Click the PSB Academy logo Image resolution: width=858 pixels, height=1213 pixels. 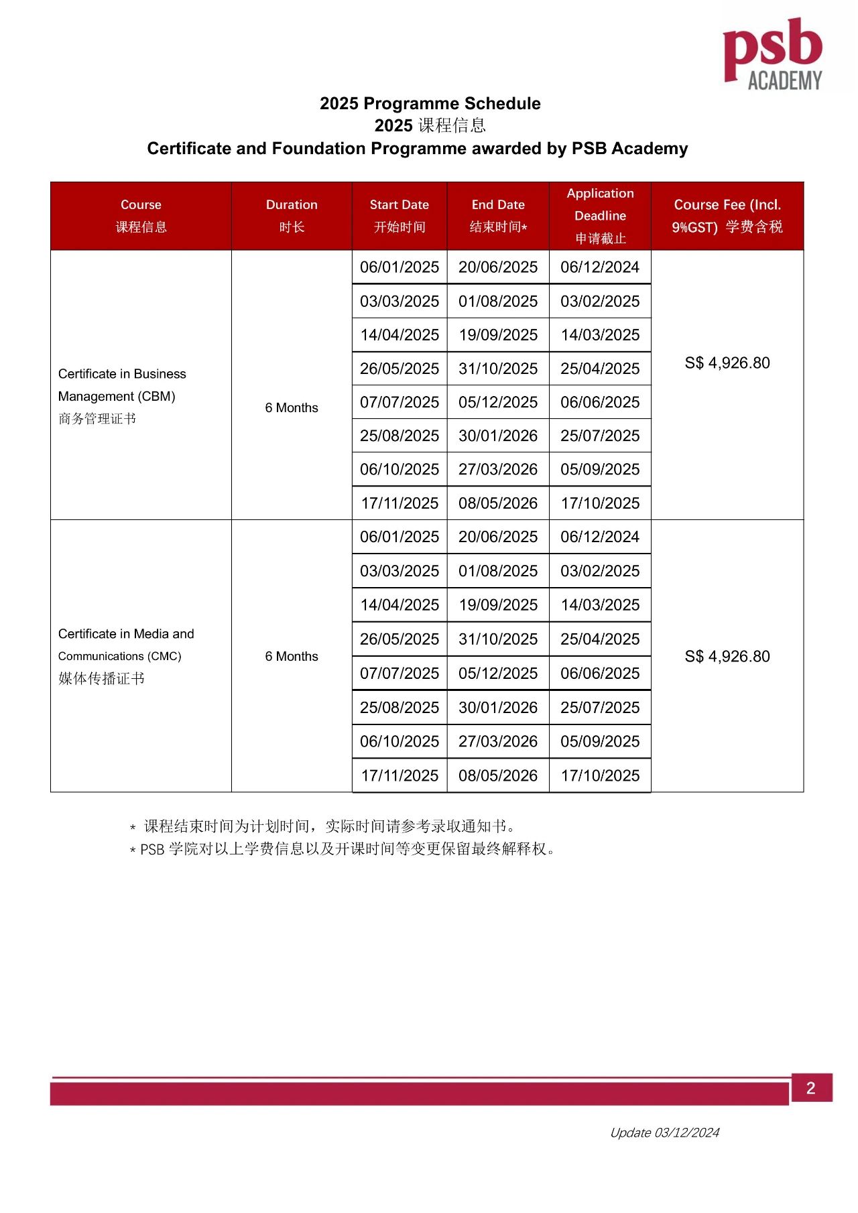pyautogui.click(x=772, y=54)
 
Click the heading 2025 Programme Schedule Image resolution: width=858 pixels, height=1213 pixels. pyautogui.click(x=430, y=103)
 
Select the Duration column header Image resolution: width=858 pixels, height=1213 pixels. pyautogui.click(x=292, y=215)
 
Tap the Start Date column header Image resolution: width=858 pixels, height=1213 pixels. pyautogui.click(x=400, y=215)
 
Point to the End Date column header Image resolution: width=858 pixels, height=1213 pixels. pyautogui.click(x=498, y=215)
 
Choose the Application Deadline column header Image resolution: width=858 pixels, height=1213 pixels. pyautogui.click(x=600, y=215)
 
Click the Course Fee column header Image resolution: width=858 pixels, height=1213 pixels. pyautogui.click(x=727, y=215)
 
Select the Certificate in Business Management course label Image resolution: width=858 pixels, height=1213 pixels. pyautogui.click(x=122, y=385)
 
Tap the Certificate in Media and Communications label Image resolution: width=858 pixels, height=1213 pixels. pyautogui.click(x=126, y=645)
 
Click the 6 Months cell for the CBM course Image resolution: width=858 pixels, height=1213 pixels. pyautogui.click(x=292, y=407)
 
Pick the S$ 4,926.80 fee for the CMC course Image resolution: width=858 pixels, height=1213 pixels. pyautogui.click(x=727, y=656)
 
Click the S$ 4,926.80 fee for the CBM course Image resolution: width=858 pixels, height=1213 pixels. pyautogui.click(x=727, y=363)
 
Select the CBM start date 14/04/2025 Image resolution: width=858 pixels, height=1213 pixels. pyautogui.click(x=400, y=334)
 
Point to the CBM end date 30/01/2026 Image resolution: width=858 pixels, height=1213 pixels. pyautogui.click(x=498, y=436)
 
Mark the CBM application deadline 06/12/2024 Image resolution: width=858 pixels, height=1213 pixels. pyautogui.click(x=600, y=267)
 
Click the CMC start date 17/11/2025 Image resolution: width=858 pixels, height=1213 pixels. pyautogui.click(x=400, y=775)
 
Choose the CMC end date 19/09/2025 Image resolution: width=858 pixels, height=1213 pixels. pyautogui.click(x=498, y=604)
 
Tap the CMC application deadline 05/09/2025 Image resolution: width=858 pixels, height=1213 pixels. pyautogui.click(x=600, y=741)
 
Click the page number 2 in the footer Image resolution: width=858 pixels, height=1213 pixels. pyautogui.click(x=811, y=1088)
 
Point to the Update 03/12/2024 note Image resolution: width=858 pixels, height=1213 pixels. pyautogui.click(x=664, y=1133)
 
